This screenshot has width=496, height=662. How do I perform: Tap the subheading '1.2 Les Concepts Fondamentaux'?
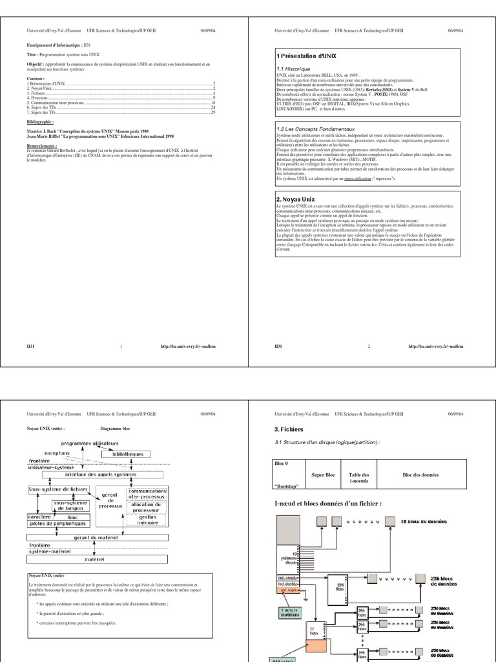coord(313,129)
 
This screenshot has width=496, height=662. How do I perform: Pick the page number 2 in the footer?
coord(369,347)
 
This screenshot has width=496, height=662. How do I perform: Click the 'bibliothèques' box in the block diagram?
coord(128,454)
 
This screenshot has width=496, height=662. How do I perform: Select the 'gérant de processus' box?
coord(110,500)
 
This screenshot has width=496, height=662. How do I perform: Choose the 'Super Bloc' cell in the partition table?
coord(321,475)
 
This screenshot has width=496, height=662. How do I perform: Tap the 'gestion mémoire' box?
coord(147,521)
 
